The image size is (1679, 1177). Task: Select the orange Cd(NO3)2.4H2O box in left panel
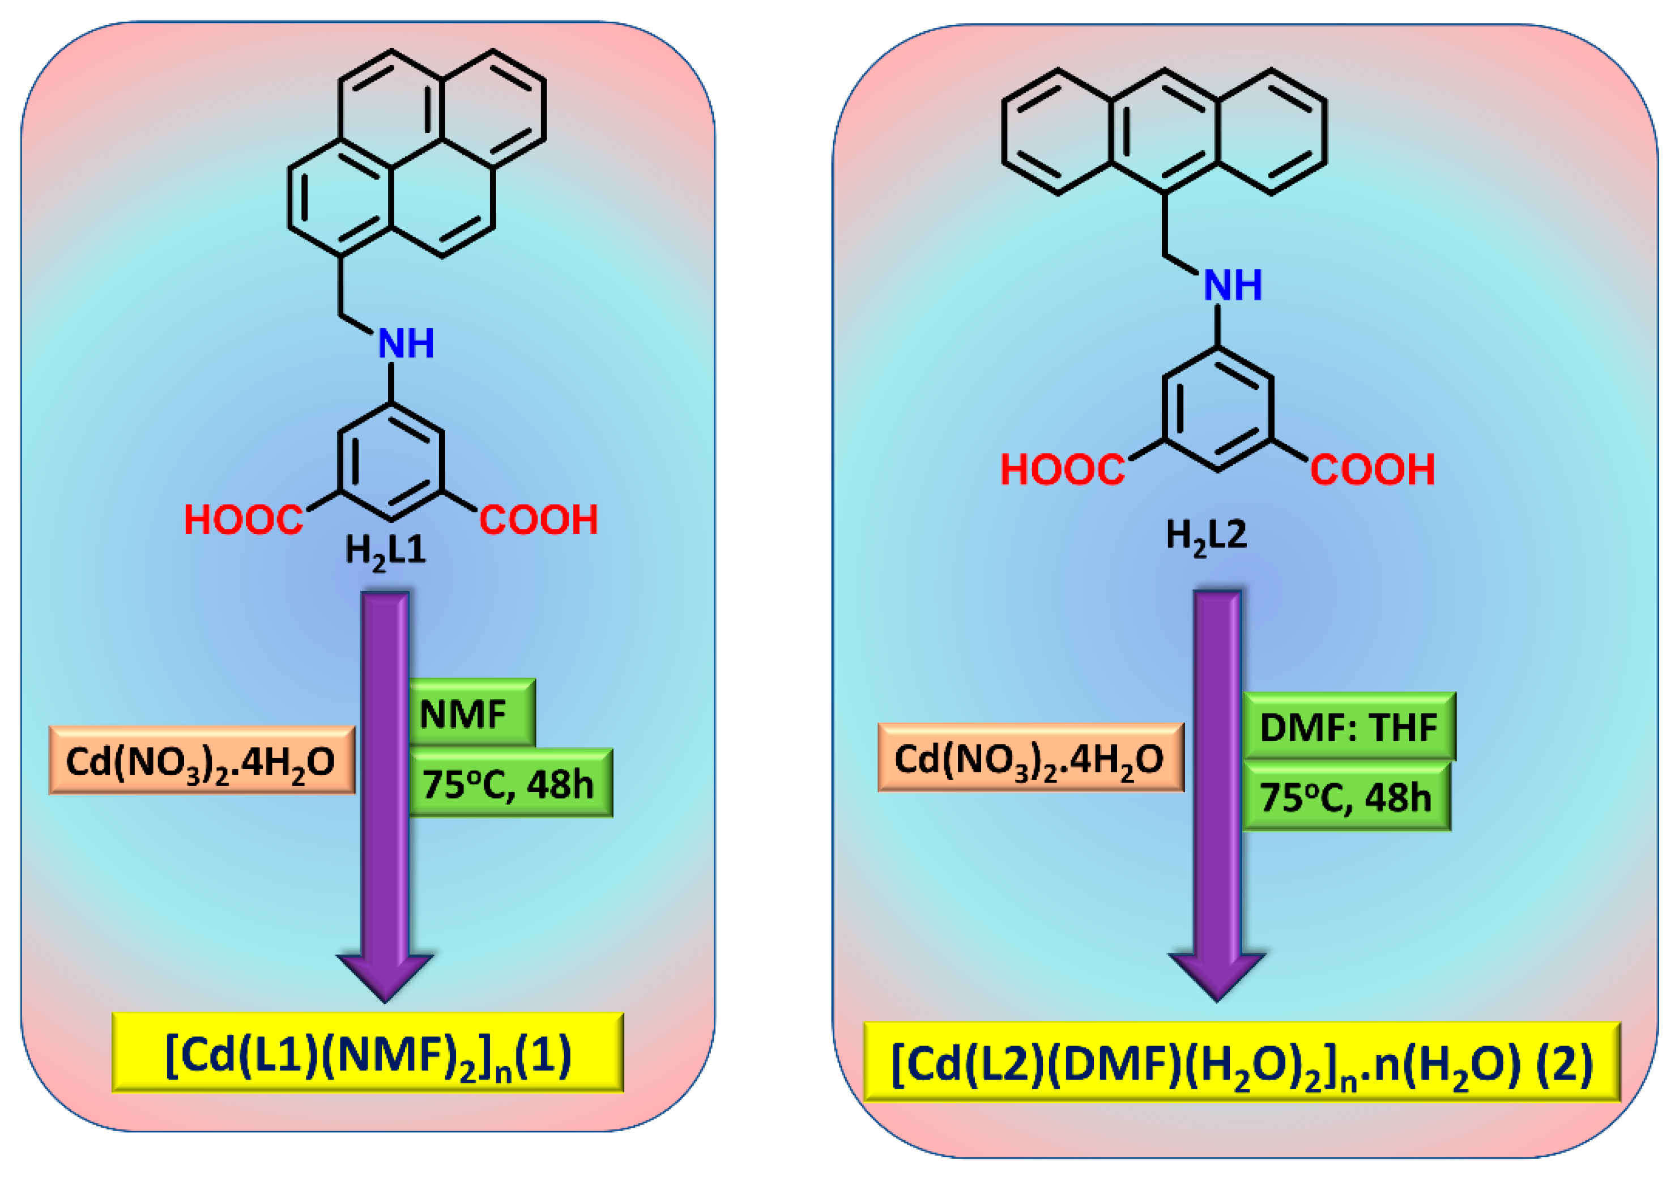(201, 760)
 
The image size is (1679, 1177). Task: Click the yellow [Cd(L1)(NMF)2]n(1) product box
(368, 1054)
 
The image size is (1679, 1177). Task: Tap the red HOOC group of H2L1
(243, 520)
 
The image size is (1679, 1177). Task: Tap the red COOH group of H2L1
(538, 520)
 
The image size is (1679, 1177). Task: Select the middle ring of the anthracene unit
(1164, 131)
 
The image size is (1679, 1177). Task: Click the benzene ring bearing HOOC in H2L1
(391, 462)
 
